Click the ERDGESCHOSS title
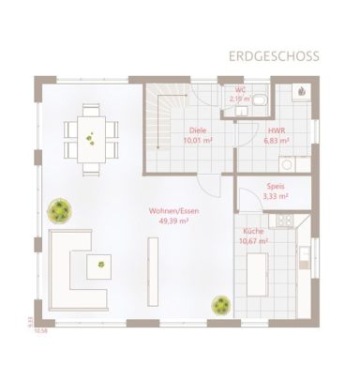pos(274,56)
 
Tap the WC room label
pos(239,90)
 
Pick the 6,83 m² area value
pos(277,141)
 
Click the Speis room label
pos(275,187)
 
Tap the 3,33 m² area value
pos(275,196)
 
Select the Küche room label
pos(254,231)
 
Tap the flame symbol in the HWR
pos(303,91)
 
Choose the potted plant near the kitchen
pos(221,306)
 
